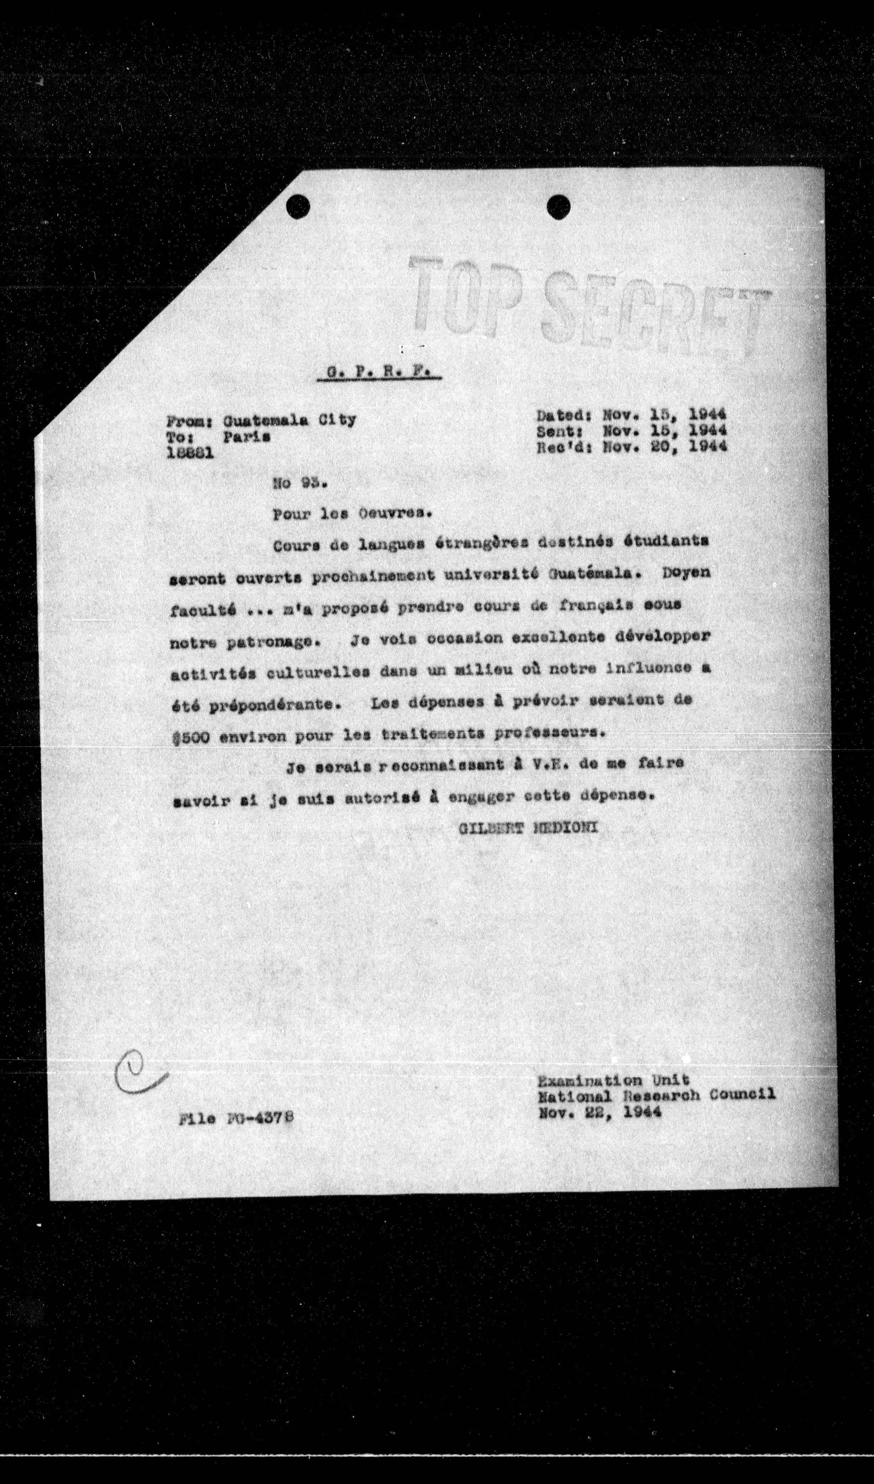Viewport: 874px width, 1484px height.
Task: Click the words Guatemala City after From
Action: pyautogui.click(x=289, y=420)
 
